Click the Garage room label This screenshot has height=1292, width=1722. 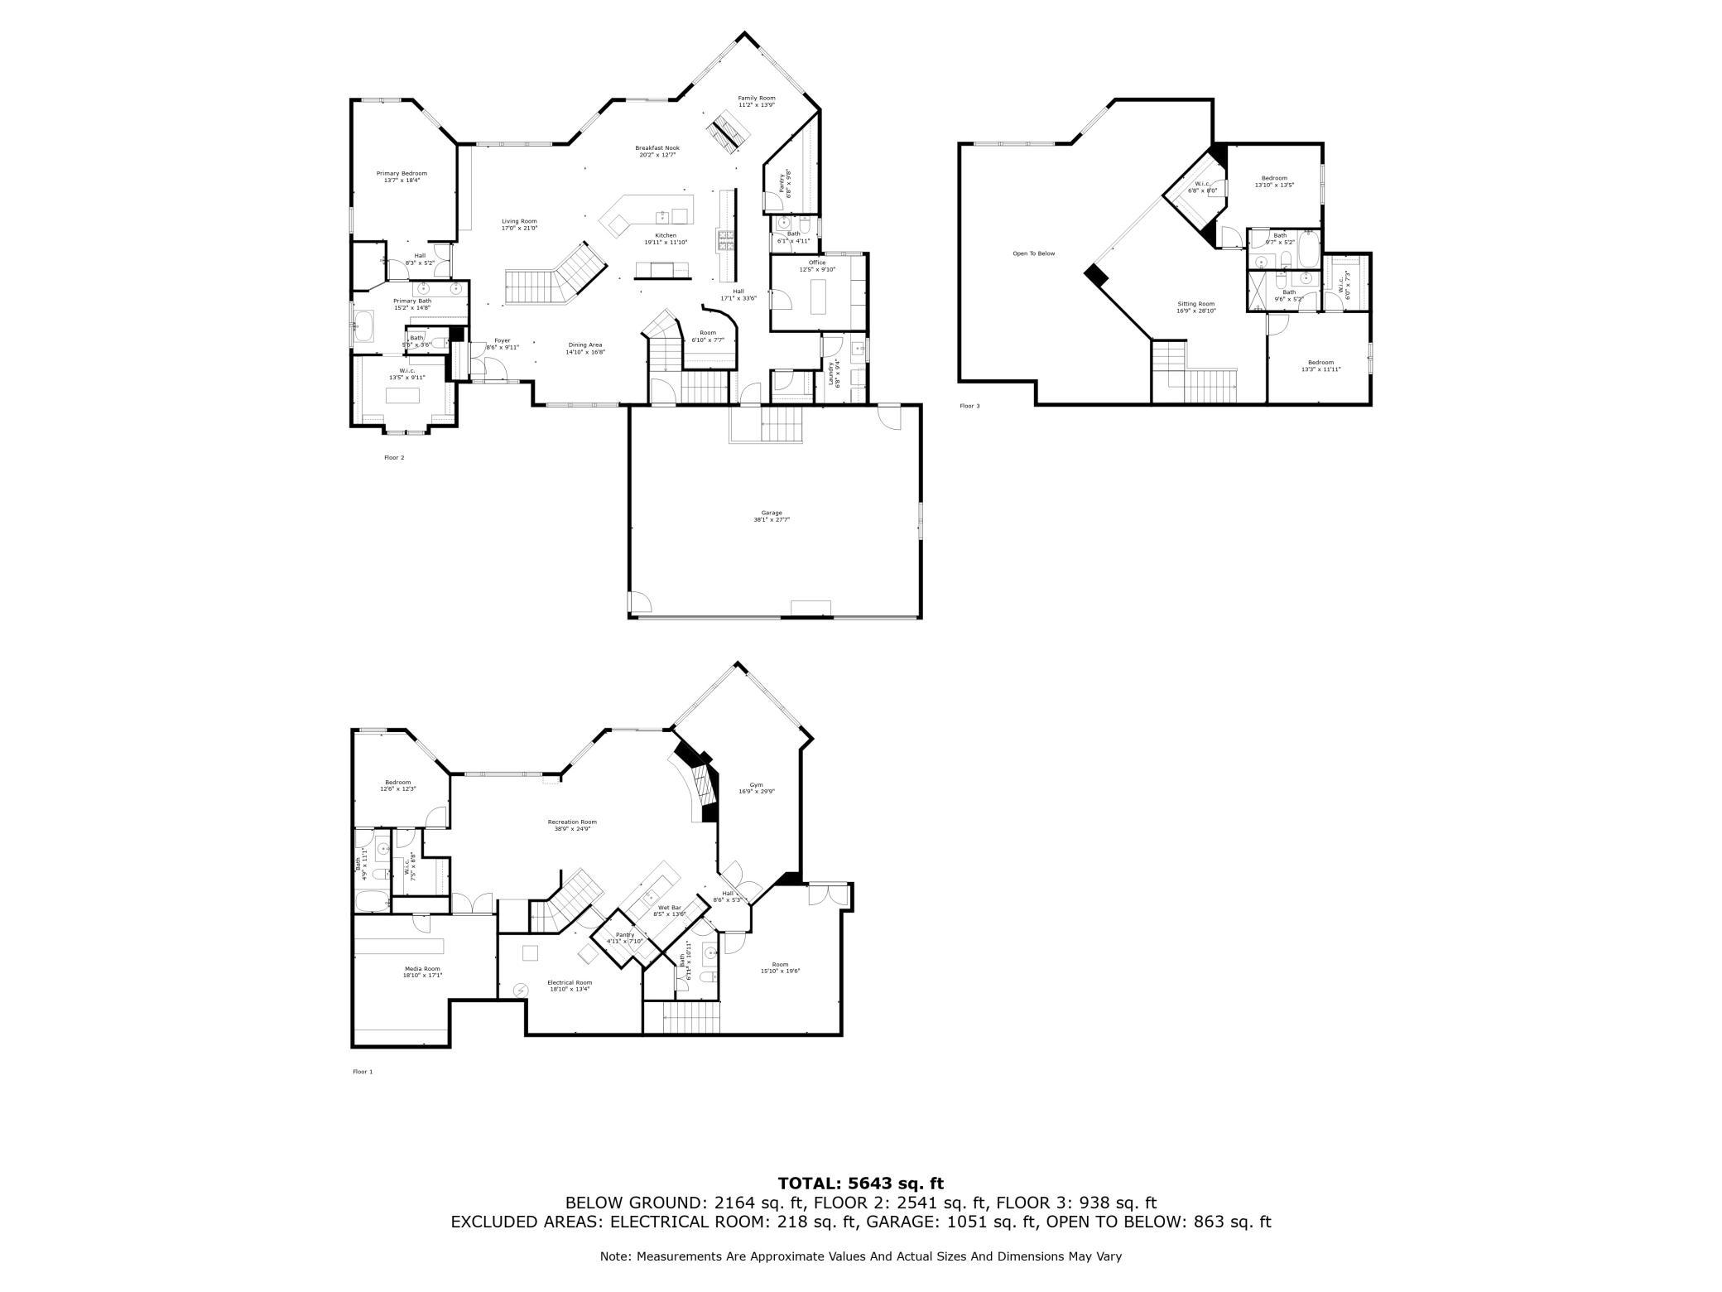click(x=772, y=516)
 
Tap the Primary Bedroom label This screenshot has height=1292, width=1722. click(x=402, y=176)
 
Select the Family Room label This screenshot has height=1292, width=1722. click(x=757, y=101)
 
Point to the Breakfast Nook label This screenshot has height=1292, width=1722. click(x=657, y=151)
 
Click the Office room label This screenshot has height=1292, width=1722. click(x=817, y=266)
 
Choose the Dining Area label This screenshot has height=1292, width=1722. click(x=585, y=348)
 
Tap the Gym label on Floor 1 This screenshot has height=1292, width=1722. click(x=757, y=788)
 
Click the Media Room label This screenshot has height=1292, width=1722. click(x=422, y=971)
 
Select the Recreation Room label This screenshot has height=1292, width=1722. click(x=572, y=825)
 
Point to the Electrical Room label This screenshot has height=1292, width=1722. click(x=570, y=986)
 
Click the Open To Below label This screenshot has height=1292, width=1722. click(x=1034, y=253)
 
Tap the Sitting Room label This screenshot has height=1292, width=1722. click(x=1195, y=306)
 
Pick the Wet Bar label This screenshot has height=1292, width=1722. click(x=670, y=910)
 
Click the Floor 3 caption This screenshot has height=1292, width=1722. click(x=969, y=406)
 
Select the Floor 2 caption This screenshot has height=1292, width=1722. click(x=394, y=457)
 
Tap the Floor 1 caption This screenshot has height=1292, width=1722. click(x=363, y=1072)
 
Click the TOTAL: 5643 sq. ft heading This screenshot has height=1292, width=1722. click(x=861, y=1184)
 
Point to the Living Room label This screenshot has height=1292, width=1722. click(x=519, y=224)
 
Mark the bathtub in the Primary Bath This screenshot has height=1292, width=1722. click(x=364, y=326)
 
